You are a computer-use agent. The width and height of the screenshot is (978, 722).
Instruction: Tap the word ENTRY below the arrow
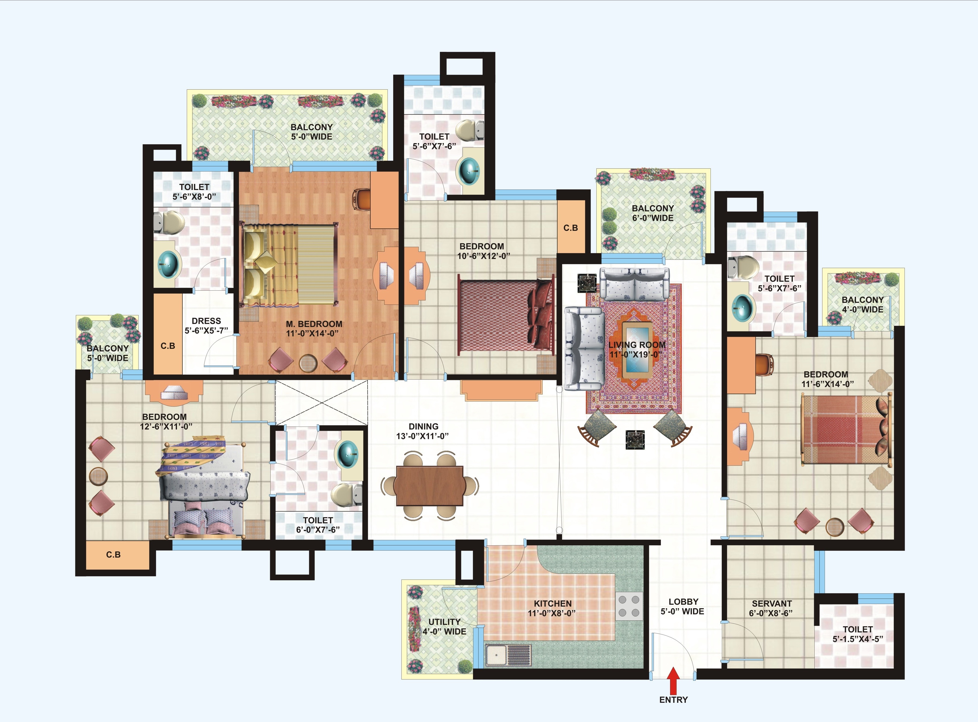[x=673, y=700]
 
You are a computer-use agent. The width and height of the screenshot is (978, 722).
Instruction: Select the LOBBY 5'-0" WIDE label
[x=683, y=606]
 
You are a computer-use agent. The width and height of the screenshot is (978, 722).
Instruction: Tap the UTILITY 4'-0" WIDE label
[x=444, y=626]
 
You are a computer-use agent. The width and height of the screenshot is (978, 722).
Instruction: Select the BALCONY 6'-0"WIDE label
[x=653, y=213]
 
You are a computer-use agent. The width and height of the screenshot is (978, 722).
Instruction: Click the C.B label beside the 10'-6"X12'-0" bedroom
[x=571, y=228]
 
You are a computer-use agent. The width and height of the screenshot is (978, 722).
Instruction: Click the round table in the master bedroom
[x=308, y=362]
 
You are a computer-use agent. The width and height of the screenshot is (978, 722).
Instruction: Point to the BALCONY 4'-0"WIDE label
[x=863, y=304]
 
